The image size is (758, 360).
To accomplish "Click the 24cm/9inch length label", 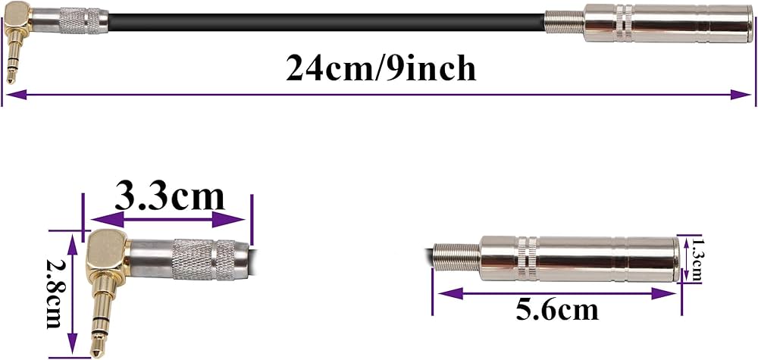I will click(381, 69).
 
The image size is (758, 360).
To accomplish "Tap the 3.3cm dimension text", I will click(170, 197).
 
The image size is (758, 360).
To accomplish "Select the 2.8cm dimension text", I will click(54, 293).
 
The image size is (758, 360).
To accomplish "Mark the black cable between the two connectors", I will click(326, 14).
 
